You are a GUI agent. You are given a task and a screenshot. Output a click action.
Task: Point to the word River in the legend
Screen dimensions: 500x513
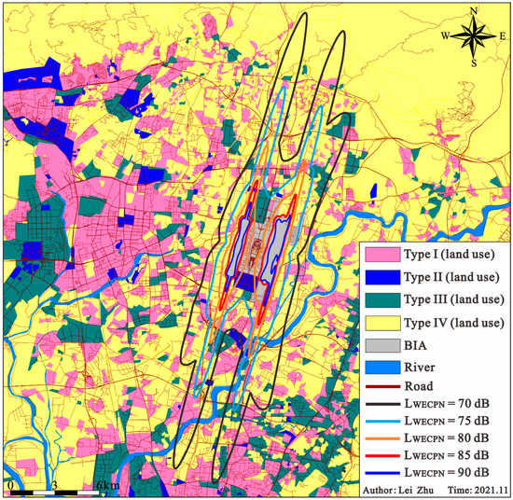click(421, 367)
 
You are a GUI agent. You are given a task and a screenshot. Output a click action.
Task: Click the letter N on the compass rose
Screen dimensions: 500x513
click(475, 11)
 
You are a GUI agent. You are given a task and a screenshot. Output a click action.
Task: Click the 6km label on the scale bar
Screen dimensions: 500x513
click(105, 486)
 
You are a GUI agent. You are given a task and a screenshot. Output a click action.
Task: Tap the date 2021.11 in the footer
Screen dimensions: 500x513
click(487, 490)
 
